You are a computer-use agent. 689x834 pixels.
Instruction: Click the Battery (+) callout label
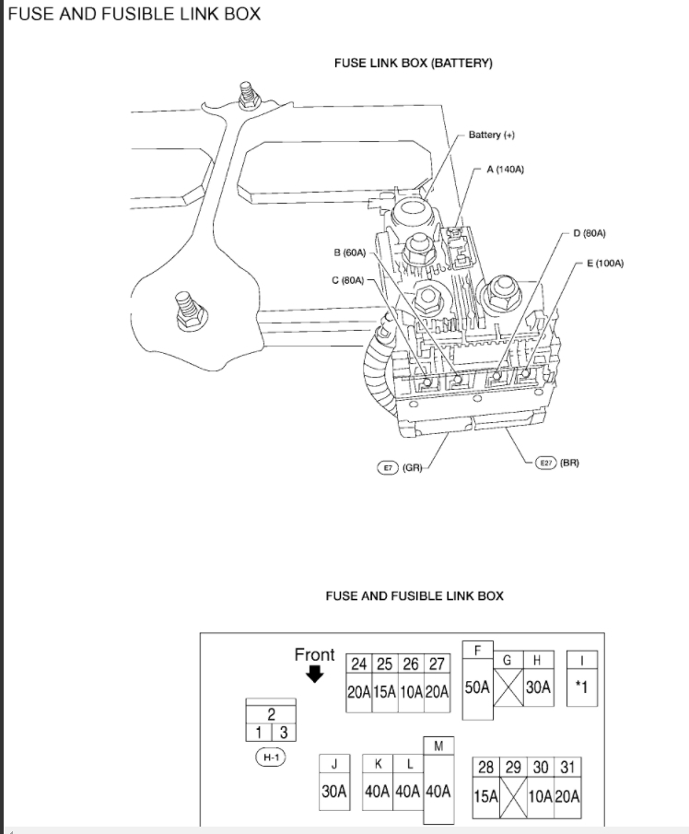point(491,135)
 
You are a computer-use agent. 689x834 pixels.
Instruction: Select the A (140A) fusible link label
point(505,170)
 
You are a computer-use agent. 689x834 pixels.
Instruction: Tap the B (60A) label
point(350,252)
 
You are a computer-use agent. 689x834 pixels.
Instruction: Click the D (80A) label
point(590,233)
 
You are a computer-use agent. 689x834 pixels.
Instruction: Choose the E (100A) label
point(605,263)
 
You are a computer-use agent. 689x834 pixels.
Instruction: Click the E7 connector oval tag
point(388,467)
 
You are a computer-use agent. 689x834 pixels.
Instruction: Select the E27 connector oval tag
point(547,462)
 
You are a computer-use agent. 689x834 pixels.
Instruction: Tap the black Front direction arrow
point(315,675)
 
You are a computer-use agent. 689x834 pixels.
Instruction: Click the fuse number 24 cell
point(359,664)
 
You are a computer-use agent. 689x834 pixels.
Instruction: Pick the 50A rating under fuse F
point(478,687)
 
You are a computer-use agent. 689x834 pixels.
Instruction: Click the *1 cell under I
point(580,687)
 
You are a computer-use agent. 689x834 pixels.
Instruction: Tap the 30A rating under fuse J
point(333,791)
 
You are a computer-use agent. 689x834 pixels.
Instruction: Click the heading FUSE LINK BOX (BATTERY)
point(414,64)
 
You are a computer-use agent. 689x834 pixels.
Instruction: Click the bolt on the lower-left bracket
point(187,311)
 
